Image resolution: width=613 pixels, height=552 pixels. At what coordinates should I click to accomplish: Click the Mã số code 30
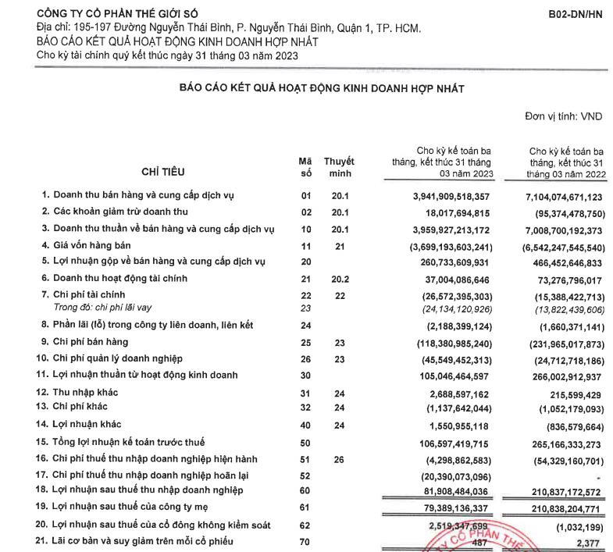coord(306,376)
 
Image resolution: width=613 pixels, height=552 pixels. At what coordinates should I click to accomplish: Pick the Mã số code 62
coord(306,525)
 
